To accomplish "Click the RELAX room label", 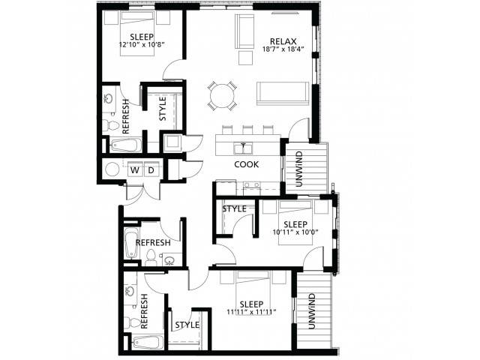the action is click(x=283, y=41).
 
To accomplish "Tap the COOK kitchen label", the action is click(x=247, y=164).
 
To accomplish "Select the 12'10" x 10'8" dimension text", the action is click(x=142, y=45).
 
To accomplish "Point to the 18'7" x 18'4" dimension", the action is click(x=283, y=49).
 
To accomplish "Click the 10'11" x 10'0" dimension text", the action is click(x=295, y=232).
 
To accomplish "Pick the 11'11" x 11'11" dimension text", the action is click(x=252, y=312).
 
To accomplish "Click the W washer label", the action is click(x=135, y=170).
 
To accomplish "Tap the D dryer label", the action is click(x=151, y=170).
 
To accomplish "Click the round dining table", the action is click(x=222, y=95).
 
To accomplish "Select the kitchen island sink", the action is click(x=243, y=148).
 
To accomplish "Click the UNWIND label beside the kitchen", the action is click(x=299, y=169).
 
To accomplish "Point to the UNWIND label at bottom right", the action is click(x=312, y=311).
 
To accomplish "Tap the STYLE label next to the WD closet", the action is click(x=163, y=109).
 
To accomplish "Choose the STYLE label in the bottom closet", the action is click(x=187, y=325).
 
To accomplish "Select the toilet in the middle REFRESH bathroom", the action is click(x=151, y=257).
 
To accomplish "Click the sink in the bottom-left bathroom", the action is click(x=130, y=290).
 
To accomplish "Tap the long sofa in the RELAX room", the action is click(x=283, y=93).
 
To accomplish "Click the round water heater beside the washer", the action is click(x=112, y=169).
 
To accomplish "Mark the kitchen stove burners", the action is click(x=252, y=185).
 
